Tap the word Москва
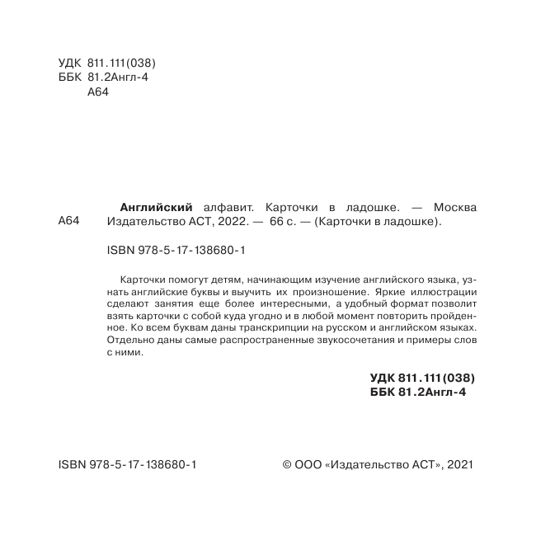[454, 207]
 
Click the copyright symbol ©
[288, 466]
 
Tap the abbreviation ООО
[308, 466]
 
